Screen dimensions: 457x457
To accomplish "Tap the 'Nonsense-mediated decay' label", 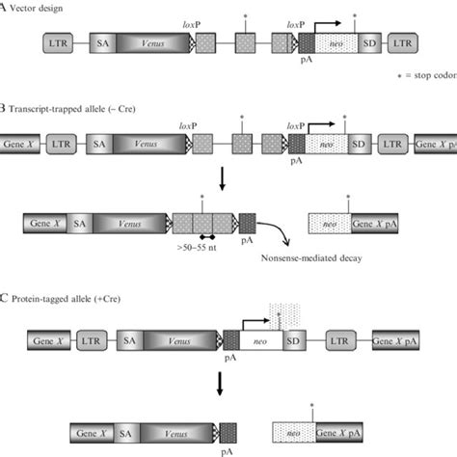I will click(x=314, y=258).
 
